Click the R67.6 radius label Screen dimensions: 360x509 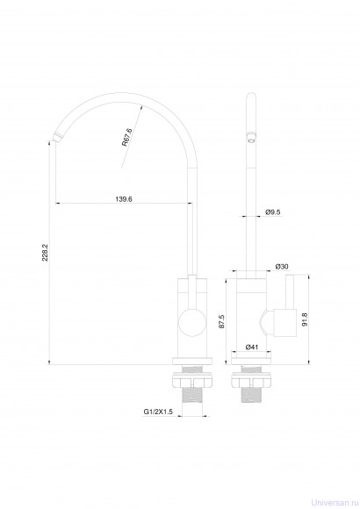[x=127, y=137]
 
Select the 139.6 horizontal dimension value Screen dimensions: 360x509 [x=124, y=198]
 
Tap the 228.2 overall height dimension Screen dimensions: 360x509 [x=45, y=252]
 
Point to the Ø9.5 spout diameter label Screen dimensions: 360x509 [x=273, y=212]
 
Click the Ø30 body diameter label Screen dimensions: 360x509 [x=282, y=267]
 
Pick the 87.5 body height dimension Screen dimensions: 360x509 [x=221, y=321]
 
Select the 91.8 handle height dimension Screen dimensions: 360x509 [x=304, y=319]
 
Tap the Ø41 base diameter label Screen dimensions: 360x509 [x=252, y=347]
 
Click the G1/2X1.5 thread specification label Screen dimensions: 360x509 [x=158, y=412]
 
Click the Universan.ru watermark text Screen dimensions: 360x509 [x=335, y=503]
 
